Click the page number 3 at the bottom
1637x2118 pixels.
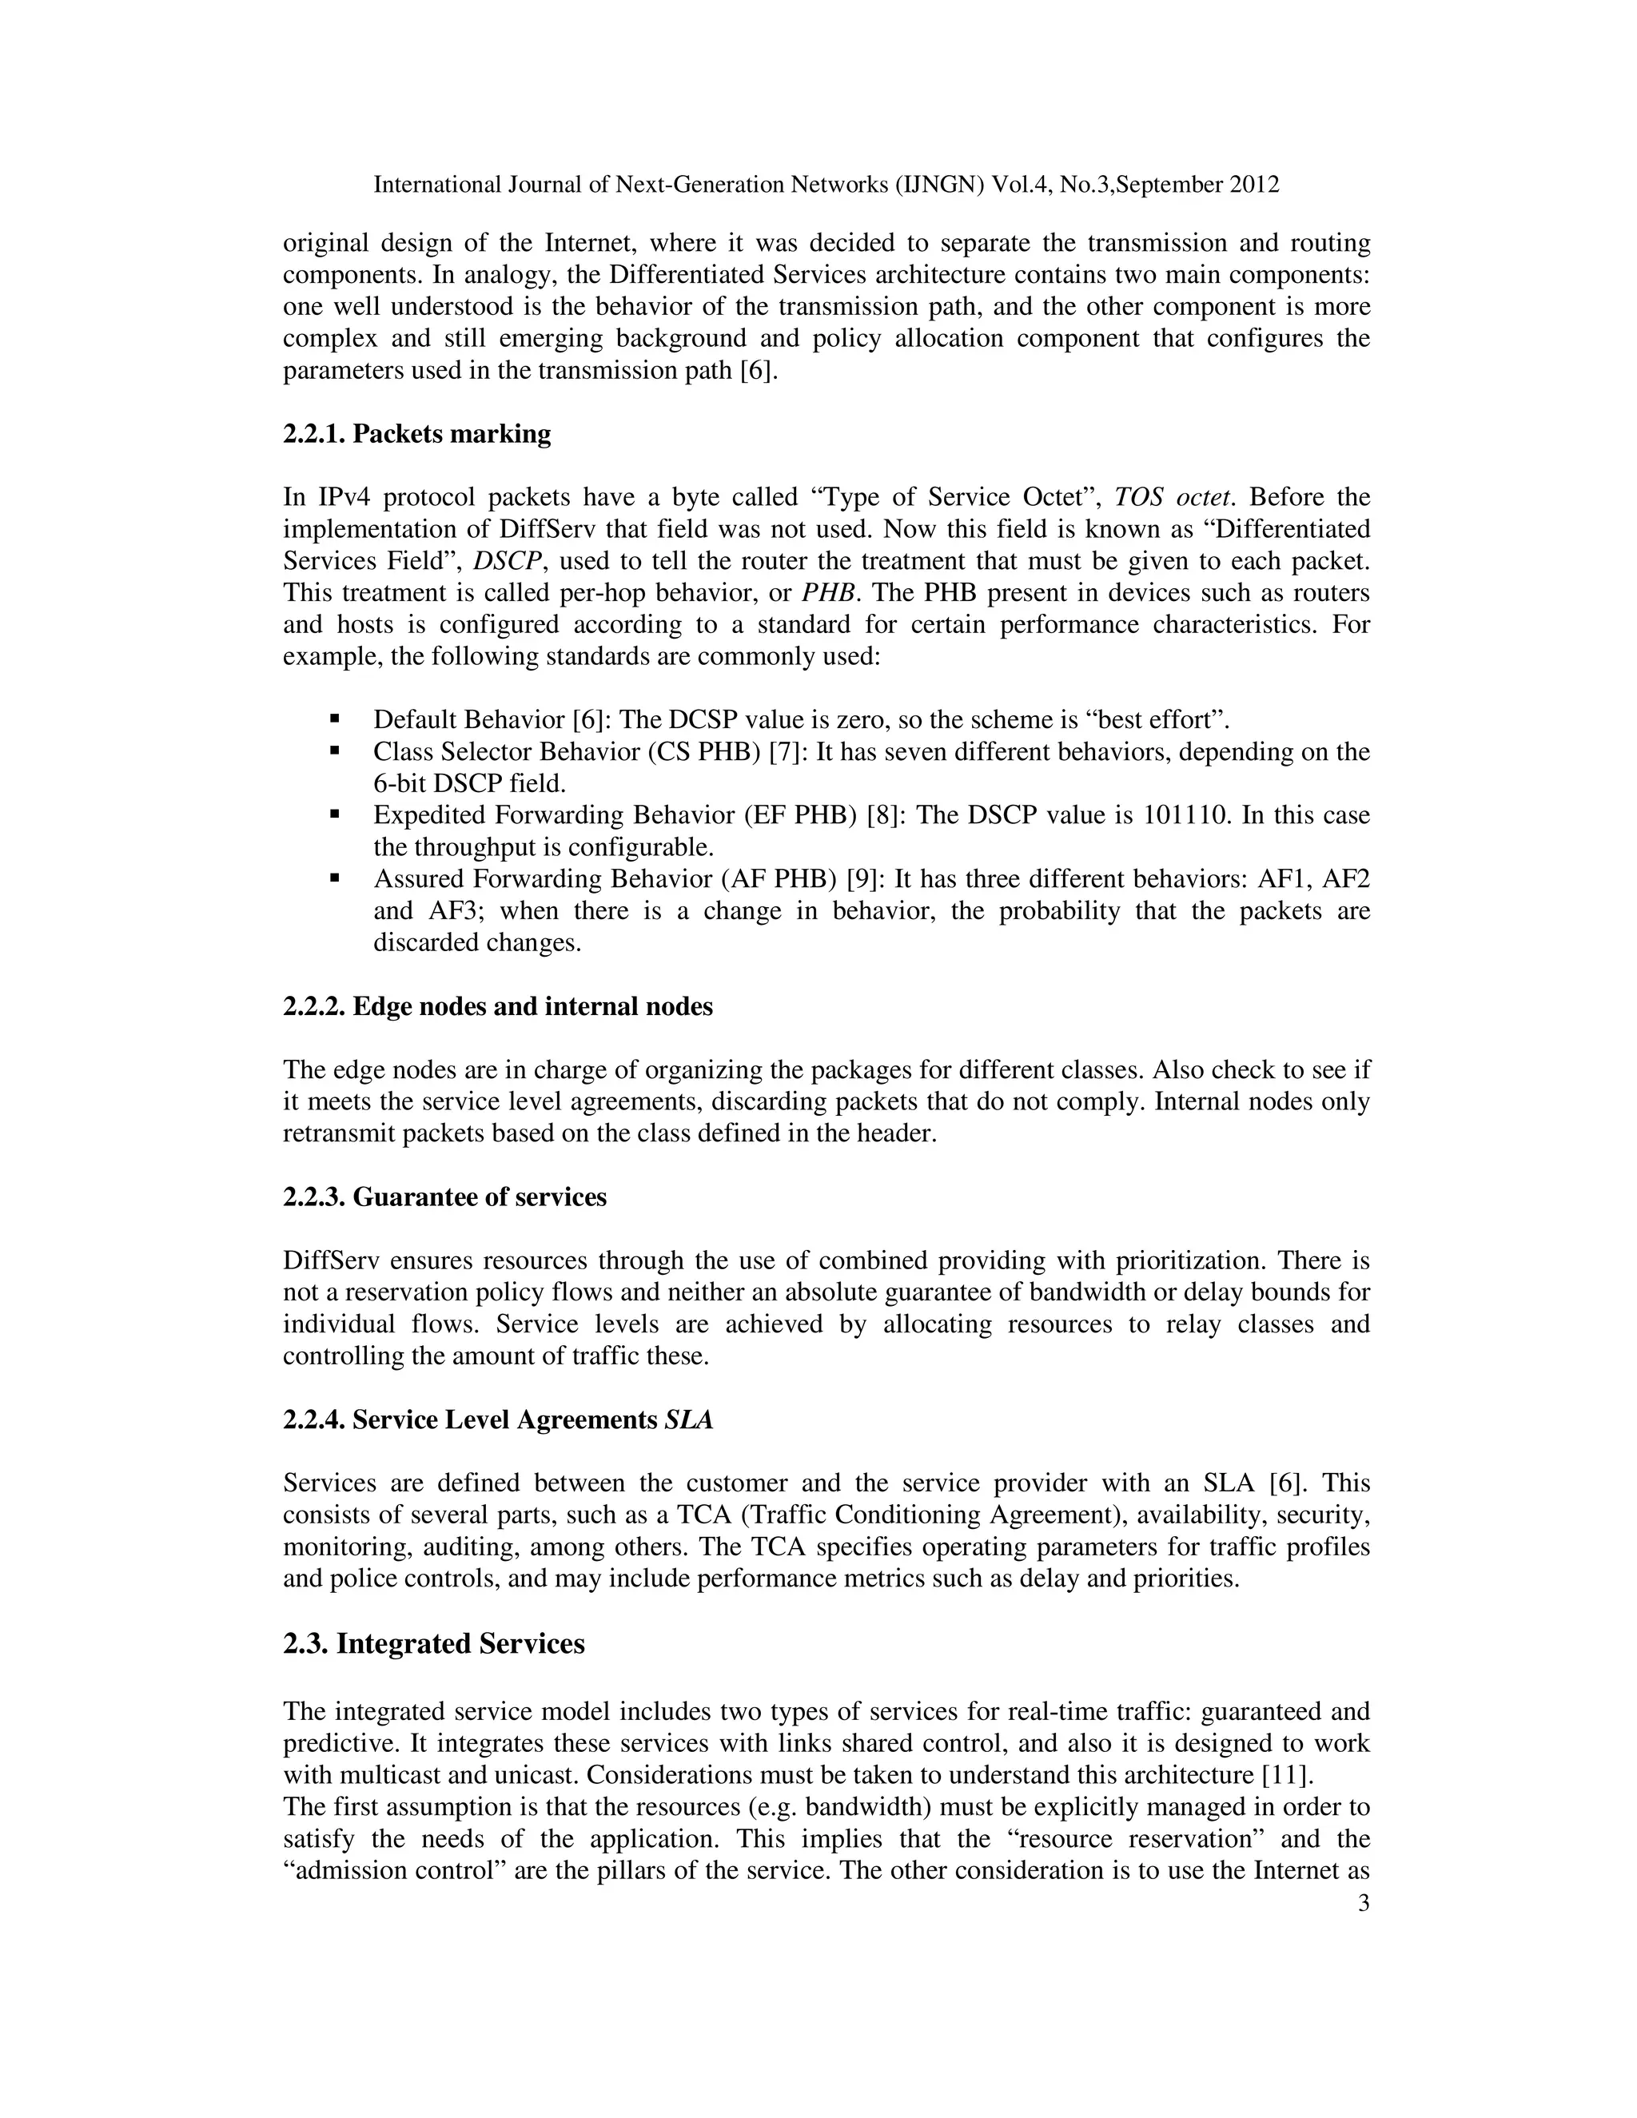1363,1904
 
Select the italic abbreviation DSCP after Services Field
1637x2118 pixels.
500,562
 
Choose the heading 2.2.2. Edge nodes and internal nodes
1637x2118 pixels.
497,1006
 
